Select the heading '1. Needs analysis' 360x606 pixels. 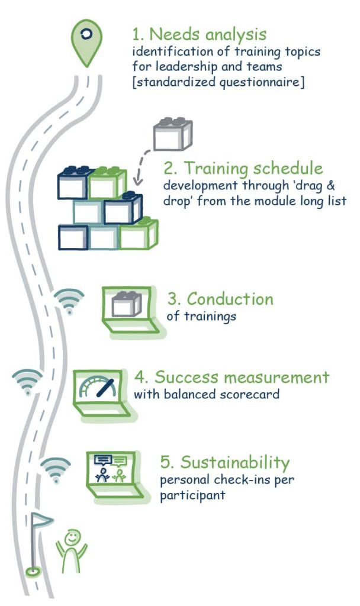[x=199, y=34]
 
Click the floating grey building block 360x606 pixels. [x=172, y=134]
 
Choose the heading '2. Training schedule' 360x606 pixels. [x=243, y=169]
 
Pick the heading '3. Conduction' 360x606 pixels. [x=220, y=299]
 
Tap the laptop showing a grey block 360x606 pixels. [x=131, y=311]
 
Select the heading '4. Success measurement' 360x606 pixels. [x=232, y=377]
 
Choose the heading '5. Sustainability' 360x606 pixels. [x=224, y=463]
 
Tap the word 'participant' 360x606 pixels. [x=192, y=495]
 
